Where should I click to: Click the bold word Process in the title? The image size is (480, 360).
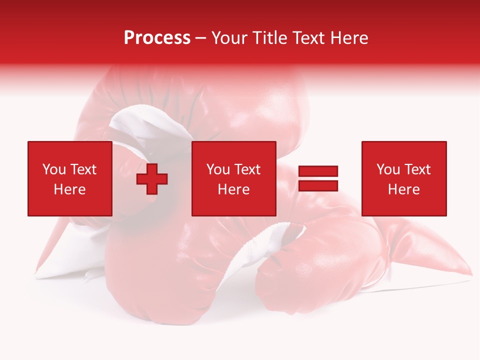coord(157,38)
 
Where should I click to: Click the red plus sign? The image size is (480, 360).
coord(152,179)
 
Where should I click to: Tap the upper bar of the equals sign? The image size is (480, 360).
coord(318,171)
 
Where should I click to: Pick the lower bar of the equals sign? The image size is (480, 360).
coord(318,186)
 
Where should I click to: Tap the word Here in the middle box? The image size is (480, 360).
coord(233,189)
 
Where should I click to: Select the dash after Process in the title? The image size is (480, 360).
coord(201,38)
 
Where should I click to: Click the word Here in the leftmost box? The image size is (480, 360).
coord(69,189)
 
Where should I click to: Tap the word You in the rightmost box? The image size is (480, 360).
coord(388,169)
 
